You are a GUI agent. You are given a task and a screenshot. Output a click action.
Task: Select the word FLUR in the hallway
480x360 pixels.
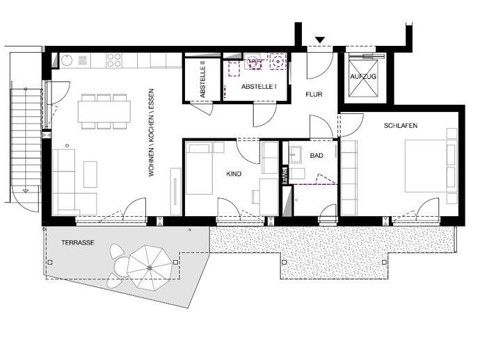[314, 95]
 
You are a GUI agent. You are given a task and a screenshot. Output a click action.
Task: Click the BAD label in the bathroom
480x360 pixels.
[317, 156]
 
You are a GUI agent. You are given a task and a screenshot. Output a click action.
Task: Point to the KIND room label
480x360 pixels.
[234, 174]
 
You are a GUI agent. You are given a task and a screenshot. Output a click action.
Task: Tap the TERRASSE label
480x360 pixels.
[77, 243]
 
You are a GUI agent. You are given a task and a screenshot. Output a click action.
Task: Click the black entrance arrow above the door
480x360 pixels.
[319, 40]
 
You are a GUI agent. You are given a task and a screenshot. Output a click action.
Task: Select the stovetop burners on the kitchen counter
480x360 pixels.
[114, 61]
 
